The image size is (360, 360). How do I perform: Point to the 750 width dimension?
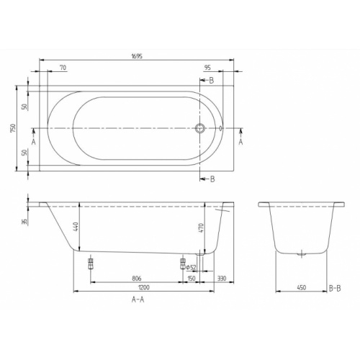click(x=14, y=128)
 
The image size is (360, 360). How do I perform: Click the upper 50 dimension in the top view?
click(x=24, y=107)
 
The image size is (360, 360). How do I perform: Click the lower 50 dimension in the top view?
click(x=24, y=153)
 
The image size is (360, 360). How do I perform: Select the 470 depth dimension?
click(x=201, y=233)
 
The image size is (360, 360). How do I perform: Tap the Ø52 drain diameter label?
click(x=192, y=267)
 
